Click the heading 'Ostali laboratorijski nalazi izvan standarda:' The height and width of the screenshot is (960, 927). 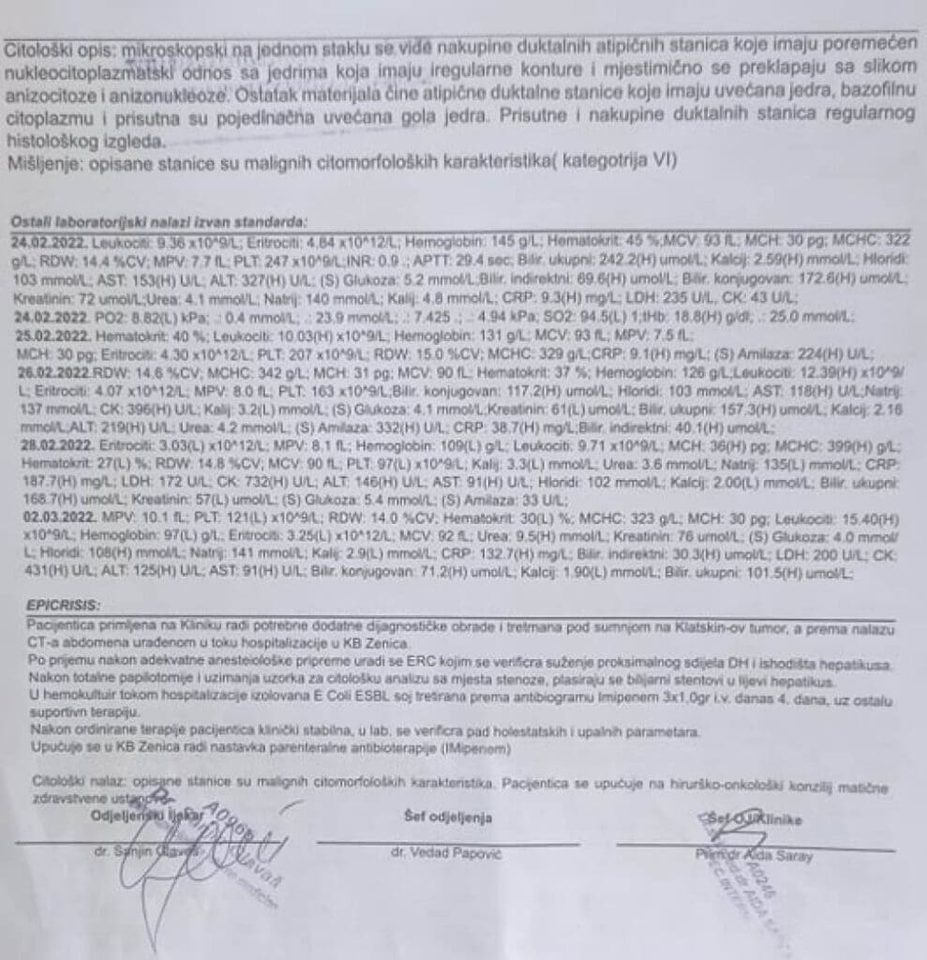(x=157, y=222)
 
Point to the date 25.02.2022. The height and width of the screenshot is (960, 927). (x=45, y=335)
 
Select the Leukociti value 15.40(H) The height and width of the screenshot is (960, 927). (x=875, y=518)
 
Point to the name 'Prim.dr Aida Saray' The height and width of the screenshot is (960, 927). (x=755, y=855)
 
